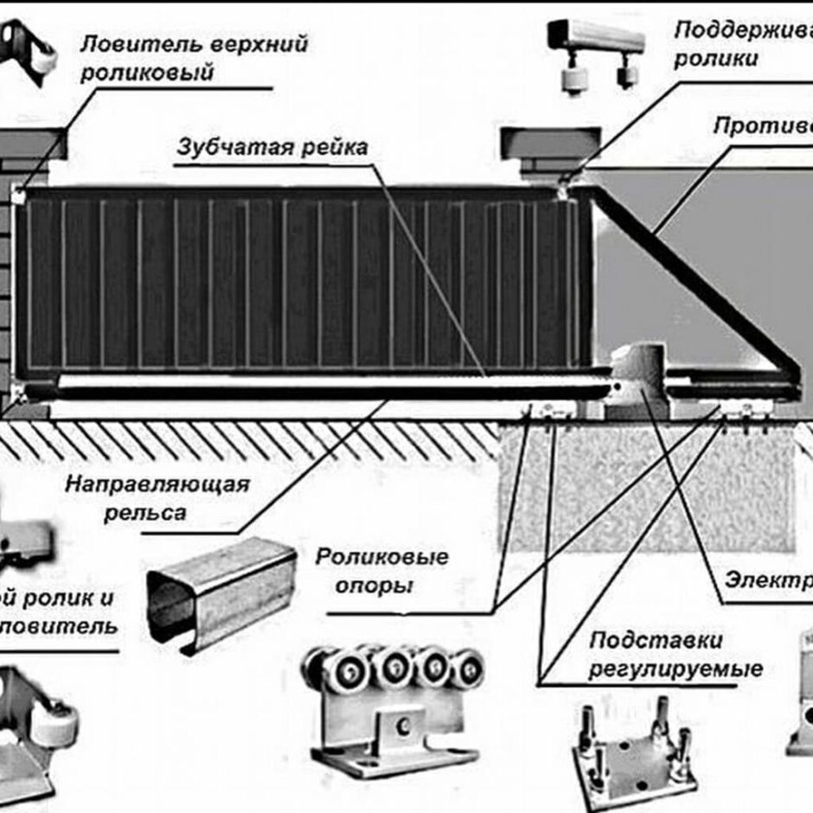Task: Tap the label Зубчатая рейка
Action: coord(272,147)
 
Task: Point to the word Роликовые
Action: coord(381,557)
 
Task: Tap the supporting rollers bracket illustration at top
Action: coord(597,52)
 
